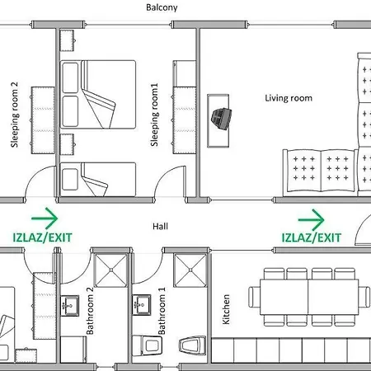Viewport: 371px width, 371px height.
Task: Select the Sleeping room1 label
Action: tap(154, 116)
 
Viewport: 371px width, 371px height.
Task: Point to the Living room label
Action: tap(288, 98)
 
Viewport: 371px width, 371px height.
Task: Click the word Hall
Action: tap(161, 224)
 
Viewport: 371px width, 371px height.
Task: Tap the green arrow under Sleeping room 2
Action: tap(45, 219)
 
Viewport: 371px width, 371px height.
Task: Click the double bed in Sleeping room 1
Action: tap(98, 94)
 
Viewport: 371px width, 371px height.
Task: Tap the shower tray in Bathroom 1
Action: tap(190, 269)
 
